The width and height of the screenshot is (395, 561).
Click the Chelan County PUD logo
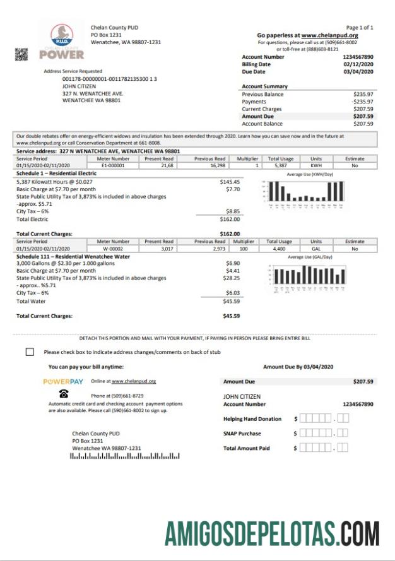pyautogui.click(x=61, y=41)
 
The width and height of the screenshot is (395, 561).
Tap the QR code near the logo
pyautogui.click(x=22, y=55)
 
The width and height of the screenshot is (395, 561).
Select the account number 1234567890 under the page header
pyautogui.click(x=358, y=57)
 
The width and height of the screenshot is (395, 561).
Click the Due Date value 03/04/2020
pyautogui.click(x=358, y=72)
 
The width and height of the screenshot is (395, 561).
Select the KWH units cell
pyautogui.click(x=316, y=166)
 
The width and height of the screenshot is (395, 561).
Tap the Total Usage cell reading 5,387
pyautogui.click(x=281, y=166)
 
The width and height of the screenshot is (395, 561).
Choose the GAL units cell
pyautogui.click(x=316, y=249)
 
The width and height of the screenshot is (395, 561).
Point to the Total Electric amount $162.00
pyautogui.click(x=230, y=220)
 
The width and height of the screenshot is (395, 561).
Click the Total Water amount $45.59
pyautogui.click(x=231, y=301)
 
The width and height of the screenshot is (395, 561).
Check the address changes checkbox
pyautogui.click(x=30, y=351)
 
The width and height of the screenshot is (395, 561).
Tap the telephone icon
pyautogui.click(x=64, y=395)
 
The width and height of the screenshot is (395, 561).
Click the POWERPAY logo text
pyautogui.click(x=63, y=381)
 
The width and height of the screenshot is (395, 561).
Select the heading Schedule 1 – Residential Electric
pyautogui.click(x=56, y=173)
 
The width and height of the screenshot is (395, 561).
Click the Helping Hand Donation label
pyautogui.click(x=252, y=419)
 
